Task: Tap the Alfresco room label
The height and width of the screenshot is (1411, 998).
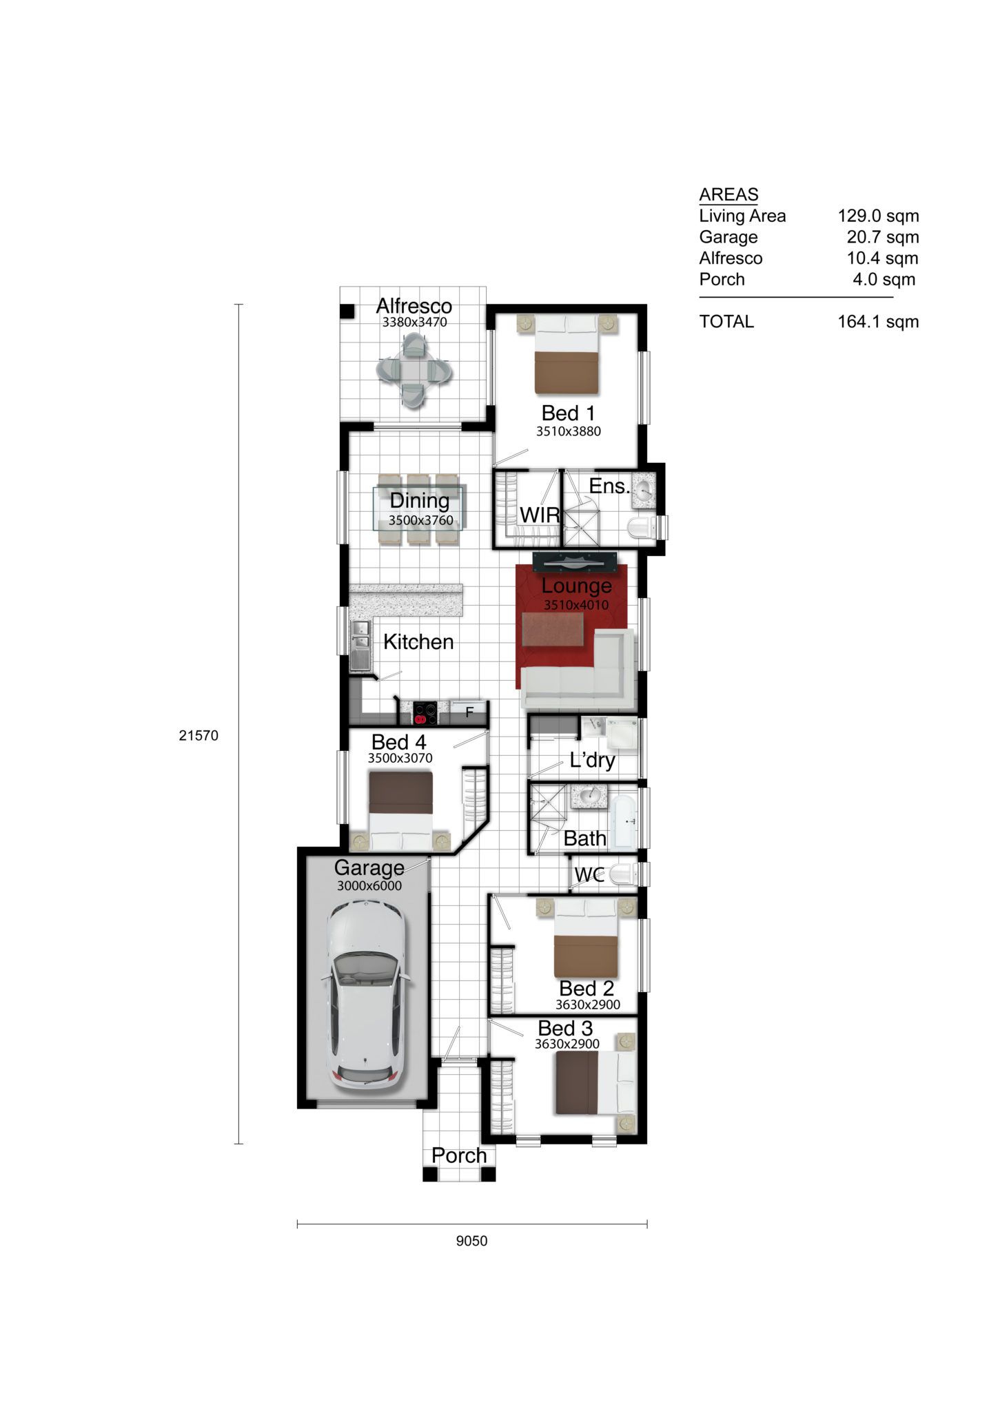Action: coord(414,306)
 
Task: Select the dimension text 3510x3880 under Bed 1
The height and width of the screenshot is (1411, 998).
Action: coord(569,432)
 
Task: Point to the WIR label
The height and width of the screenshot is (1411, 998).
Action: coord(540,515)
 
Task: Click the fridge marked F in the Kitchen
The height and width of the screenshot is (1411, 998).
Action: coord(469,712)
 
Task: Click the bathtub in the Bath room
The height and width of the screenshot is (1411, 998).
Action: coord(625,822)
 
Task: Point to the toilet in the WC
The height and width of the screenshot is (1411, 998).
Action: coord(624,874)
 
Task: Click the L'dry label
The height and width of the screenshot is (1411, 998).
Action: coord(592,761)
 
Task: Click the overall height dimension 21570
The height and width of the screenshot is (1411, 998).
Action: coord(198,736)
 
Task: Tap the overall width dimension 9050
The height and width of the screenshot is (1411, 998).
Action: coord(471,1261)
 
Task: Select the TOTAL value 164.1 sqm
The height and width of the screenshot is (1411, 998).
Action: coord(878,322)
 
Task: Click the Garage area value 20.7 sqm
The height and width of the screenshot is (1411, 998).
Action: coord(883,237)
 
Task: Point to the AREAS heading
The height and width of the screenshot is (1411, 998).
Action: coord(729,194)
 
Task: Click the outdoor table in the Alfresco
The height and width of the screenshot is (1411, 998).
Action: coord(414,371)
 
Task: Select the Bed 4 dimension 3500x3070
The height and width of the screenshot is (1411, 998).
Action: coord(400,759)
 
